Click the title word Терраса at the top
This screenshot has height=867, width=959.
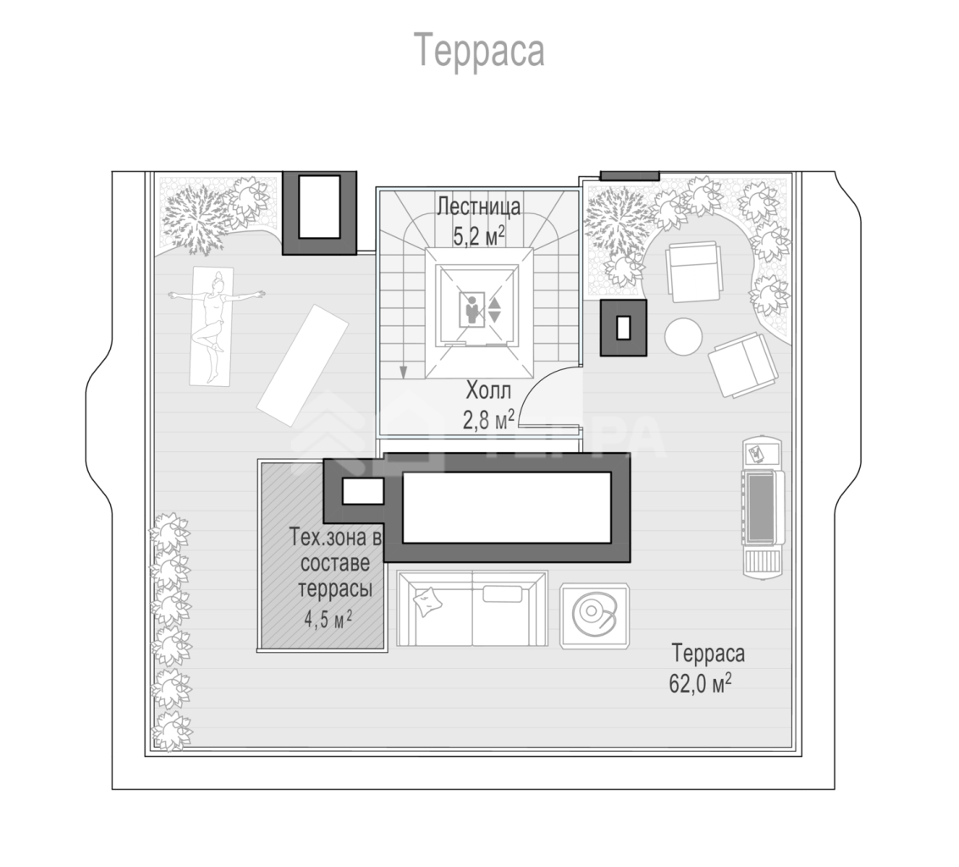click(479, 51)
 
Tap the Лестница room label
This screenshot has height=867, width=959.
click(479, 207)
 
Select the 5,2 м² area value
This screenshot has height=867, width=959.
click(479, 235)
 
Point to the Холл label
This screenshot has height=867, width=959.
click(488, 389)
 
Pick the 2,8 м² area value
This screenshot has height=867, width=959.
click(488, 420)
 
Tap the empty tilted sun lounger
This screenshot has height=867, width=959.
click(303, 365)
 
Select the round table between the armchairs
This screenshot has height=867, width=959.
click(683, 337)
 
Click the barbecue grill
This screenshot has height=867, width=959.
click(762, 508)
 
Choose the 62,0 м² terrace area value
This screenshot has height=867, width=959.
click(700, 682)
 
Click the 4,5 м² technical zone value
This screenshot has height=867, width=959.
click(328, 619)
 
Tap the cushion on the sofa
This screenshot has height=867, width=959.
click(429, 600)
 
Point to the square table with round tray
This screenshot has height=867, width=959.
click(595, 615)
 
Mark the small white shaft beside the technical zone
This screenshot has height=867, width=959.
click(362, 491)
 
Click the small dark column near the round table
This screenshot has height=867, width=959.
click(623, 328)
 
